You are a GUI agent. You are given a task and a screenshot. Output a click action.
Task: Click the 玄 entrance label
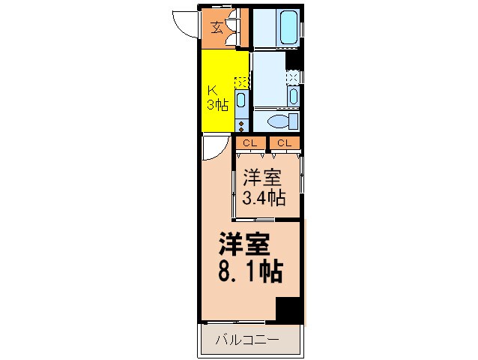coord(216,28)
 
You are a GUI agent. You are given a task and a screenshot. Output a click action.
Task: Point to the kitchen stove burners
coord(241,124)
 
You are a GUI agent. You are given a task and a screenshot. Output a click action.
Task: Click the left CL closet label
coord(249,142)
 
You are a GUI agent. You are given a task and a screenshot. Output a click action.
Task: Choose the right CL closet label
coord(285,142)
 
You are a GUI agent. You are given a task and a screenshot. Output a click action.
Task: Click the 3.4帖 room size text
coord(263,198)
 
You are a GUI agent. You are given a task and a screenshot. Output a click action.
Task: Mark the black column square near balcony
coord(289,310)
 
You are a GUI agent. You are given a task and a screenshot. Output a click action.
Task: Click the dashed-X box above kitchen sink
coord(241,82)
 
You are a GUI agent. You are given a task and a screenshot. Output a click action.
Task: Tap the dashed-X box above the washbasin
coord(294,76)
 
